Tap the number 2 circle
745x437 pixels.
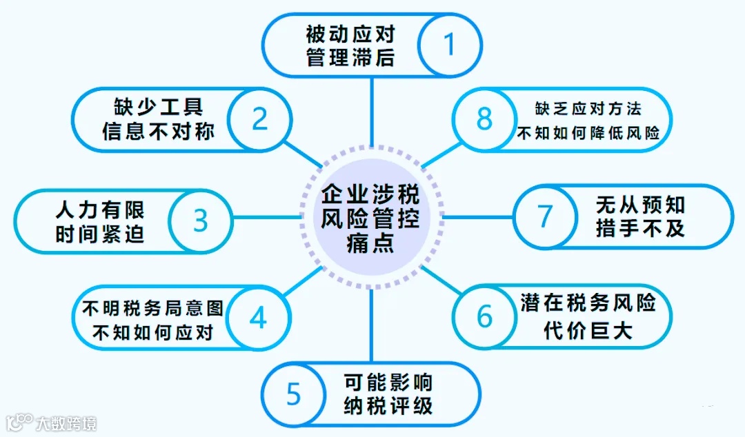[x=259, y=119]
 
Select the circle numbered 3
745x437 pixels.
[x=200, y=221]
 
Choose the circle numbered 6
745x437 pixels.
[x=485, y=317]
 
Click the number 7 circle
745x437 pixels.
[x=545, y=216]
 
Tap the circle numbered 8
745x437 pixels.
[x=485, y=119]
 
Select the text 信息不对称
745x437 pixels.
[x=159, y=131]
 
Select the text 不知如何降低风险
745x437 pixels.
[x=588, y=132]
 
